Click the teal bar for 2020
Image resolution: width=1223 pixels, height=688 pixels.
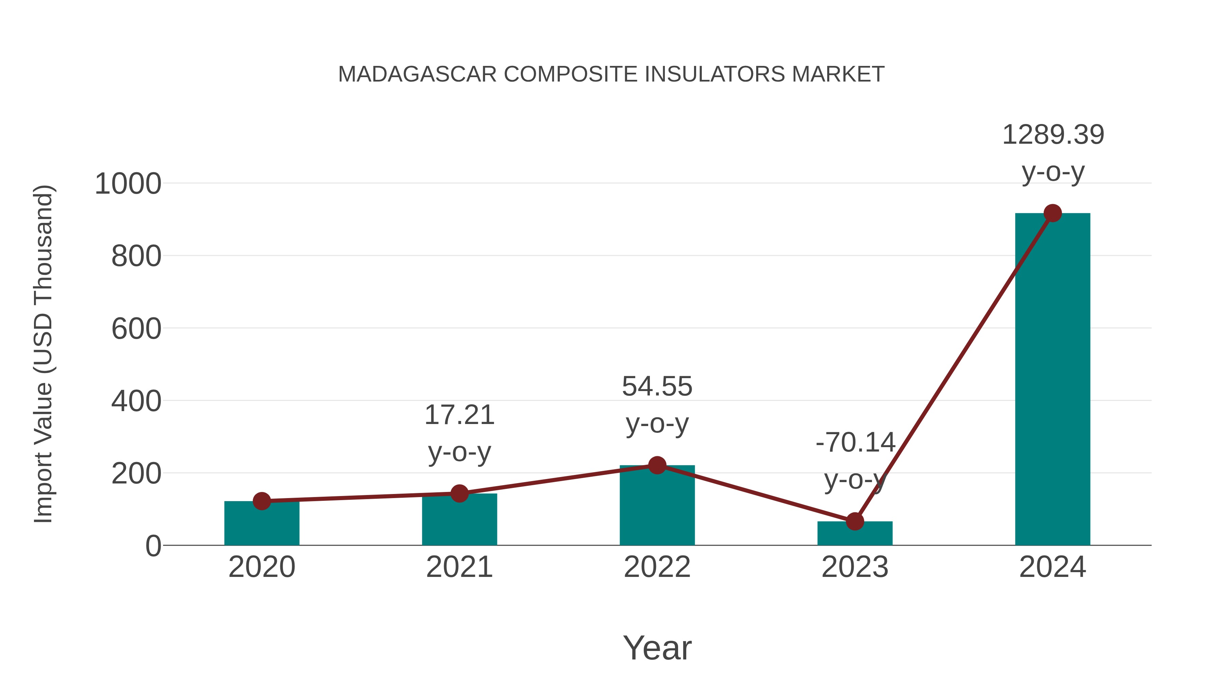262,524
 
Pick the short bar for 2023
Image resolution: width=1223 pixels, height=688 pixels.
855,534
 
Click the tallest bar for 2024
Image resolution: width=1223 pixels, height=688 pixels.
1052,380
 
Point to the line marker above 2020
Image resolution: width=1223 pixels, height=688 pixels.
262,501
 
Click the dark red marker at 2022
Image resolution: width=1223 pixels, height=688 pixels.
657,465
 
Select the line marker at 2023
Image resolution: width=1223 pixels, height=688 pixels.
855,521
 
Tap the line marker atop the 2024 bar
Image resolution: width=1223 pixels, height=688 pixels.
1052,213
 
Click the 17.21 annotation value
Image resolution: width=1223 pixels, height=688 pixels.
459,415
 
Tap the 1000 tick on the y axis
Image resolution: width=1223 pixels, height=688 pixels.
128,184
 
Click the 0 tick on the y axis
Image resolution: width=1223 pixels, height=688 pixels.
153,546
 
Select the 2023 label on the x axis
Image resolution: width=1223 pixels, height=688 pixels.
855,567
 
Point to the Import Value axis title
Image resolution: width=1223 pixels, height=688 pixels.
43,354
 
